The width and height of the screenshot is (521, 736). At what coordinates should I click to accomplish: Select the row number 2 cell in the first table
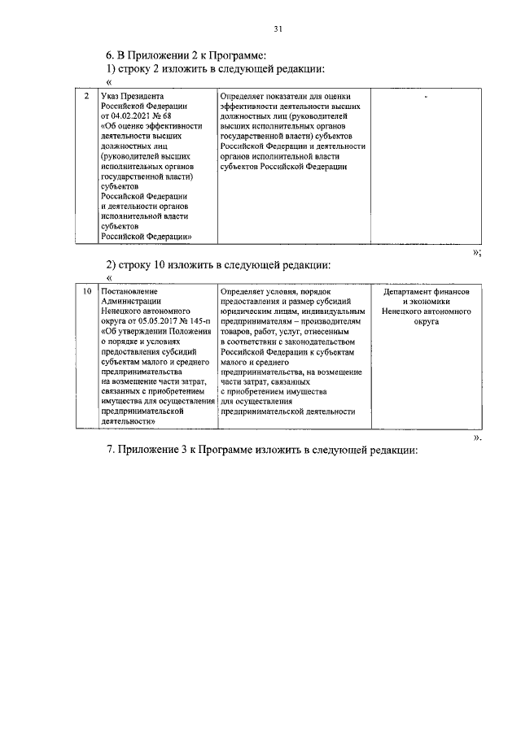coord(86,97)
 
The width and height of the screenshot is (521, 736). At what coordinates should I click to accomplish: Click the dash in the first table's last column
coord(426,97)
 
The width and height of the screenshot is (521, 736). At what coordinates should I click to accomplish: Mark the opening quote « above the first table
coord(109,82)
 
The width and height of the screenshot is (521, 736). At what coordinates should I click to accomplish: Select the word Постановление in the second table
coord(129,291)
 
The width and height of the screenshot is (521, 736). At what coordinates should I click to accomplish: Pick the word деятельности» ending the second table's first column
coord(129,421)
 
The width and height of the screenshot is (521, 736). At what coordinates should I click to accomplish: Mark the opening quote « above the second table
coord(109,277)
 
